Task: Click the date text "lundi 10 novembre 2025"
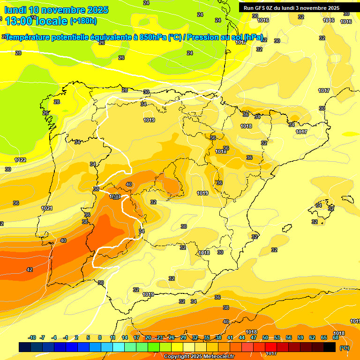click(56, 10)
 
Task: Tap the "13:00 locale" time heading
click(36, 21)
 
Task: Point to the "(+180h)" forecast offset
click(83, 21)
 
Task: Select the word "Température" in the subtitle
click(28, 37)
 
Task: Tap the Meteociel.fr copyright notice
click(199, 357)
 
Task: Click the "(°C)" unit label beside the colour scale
click(345, 348)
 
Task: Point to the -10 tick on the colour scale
click(32, 337)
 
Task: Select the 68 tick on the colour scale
click(336, 337)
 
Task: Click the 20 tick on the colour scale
click(148, 337)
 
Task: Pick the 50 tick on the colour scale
click(265, 337)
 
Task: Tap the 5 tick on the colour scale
click(89, 337)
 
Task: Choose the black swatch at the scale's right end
click(330, 347)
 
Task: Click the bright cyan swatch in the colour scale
click(119, 347)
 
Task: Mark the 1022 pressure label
click(20, 160)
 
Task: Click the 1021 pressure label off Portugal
click(46, 208)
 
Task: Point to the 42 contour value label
click(30, 270)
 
